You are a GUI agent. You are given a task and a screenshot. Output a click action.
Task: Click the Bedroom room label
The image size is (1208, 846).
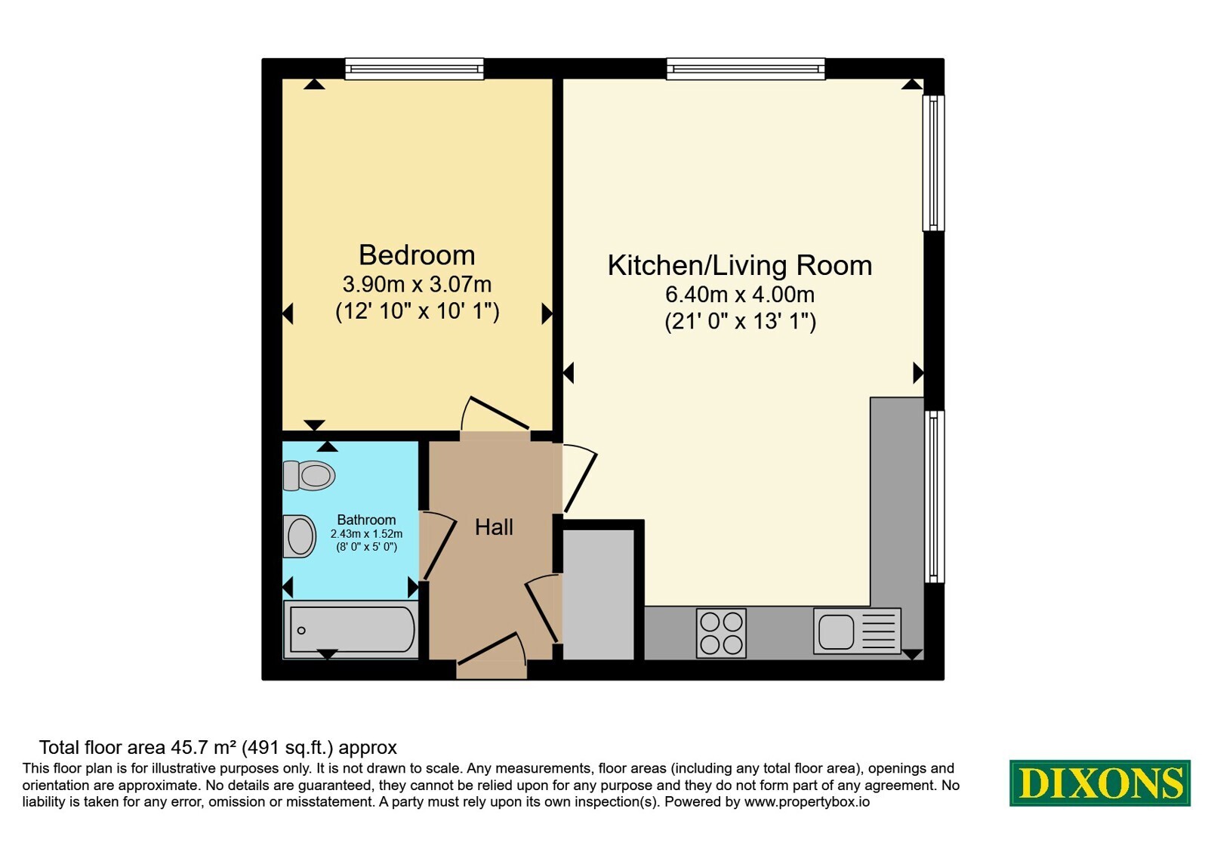click(416, 255)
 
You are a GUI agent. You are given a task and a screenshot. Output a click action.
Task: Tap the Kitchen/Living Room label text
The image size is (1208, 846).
click(739, 265)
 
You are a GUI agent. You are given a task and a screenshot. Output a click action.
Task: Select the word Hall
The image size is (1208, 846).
click(494, 527)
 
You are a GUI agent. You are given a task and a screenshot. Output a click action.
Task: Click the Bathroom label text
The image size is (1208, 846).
click(366, 520)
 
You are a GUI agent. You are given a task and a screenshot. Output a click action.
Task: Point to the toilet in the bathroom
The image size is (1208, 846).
click(309, 475)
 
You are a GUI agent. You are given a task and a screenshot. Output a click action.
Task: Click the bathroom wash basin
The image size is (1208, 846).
click(299, 536)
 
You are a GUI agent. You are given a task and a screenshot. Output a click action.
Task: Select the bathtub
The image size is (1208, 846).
click(350, 629)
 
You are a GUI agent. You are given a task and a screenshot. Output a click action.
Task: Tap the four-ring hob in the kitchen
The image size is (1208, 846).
click(721, 634)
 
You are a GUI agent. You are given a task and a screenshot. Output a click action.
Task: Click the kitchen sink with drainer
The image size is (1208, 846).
click(857, 631)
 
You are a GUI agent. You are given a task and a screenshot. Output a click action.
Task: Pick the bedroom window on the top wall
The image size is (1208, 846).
click(414, 69)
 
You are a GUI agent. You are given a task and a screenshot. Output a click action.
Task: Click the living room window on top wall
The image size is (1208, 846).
click(745, 69)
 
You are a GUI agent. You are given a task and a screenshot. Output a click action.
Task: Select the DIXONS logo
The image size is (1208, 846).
click(1099, 783)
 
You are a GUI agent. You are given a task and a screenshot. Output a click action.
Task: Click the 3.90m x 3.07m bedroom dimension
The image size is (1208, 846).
click(417, 284)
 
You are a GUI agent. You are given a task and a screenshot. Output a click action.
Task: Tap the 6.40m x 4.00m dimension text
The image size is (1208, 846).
click(739, 295)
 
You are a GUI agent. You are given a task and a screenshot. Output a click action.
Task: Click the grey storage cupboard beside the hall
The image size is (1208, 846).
click(598, 594)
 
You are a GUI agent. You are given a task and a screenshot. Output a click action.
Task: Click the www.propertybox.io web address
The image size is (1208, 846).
click(807, 801)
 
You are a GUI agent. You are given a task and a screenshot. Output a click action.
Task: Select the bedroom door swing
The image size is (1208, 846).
click(495, 414)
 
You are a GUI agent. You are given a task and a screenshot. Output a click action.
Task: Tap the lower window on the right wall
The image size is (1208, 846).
click(934, 496)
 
